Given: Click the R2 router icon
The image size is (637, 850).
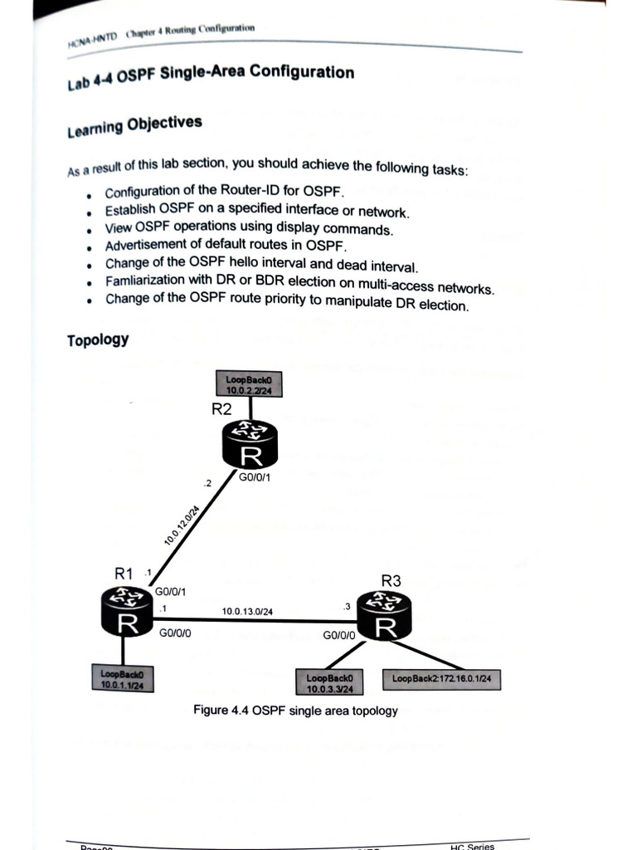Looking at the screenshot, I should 250,446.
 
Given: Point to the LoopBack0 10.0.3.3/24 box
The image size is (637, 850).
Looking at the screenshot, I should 329,683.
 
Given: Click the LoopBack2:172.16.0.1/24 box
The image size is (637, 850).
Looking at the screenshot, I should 441,679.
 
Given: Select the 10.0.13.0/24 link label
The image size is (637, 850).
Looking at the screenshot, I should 247,612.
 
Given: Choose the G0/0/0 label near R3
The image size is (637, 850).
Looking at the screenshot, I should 339,636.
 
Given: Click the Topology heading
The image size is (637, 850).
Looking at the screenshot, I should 97,340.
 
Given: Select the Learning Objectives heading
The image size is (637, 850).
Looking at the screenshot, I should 134,125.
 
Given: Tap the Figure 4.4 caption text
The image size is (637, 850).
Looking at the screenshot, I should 295,711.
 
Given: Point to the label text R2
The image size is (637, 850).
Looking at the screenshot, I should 221,409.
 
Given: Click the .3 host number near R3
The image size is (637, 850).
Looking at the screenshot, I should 347,607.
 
